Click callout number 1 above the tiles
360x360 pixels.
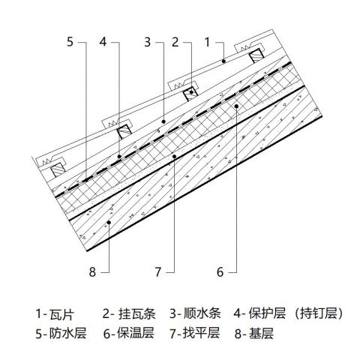pos(207,42)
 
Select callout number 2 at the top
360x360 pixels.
pos(175,42)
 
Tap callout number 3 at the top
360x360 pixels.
pos(148,42)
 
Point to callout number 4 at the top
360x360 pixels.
pos(103,42)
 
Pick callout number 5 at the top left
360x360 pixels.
pos(70,42)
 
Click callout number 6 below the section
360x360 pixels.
pos(220,271)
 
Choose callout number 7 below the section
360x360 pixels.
pos(158,271)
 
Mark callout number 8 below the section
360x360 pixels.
pos(92,271)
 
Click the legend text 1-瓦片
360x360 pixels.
pos(55,313)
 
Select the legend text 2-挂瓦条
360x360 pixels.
pos(129,313)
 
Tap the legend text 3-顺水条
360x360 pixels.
pos(195,313)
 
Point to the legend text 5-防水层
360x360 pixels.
pos(61,333)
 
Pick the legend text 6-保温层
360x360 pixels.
pos(129,333)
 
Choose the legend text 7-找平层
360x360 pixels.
pos(195,333)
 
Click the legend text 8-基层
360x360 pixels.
pos(254,333)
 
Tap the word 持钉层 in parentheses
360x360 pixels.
pos(318,313)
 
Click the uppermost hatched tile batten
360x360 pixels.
pos(257,58)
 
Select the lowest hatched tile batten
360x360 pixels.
pos(58,171)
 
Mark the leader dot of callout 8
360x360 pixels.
pos(109,222)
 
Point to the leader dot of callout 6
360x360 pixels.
pos(236,106)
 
